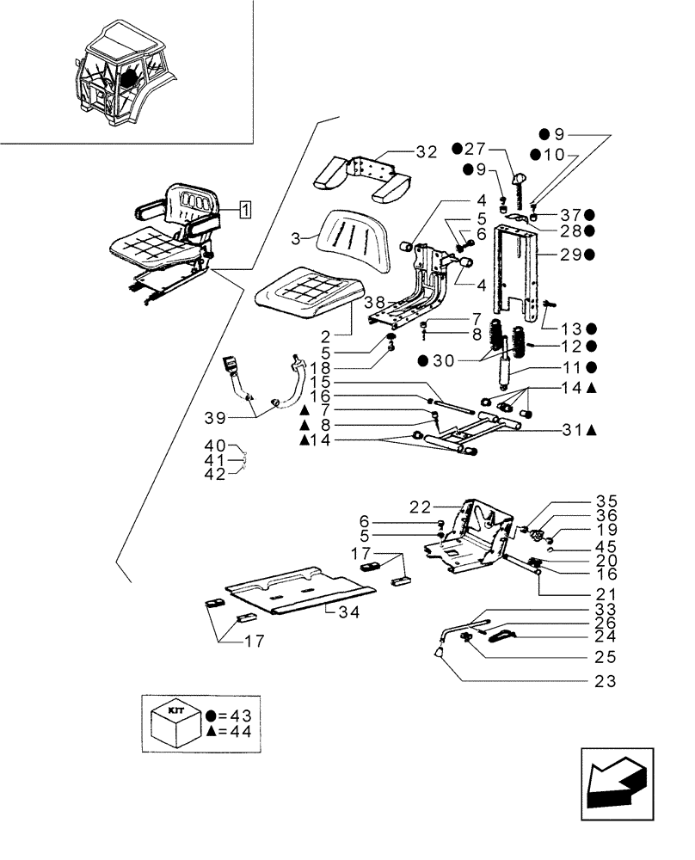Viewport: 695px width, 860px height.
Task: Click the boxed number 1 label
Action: [x=246, y=209]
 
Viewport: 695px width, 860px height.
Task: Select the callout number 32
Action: [x=427, y=153]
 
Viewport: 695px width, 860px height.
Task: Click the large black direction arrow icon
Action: [x=617, y=778]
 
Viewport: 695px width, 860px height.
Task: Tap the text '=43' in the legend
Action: [x=241, y=715]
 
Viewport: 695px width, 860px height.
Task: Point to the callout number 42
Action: [x=215, y=475]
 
